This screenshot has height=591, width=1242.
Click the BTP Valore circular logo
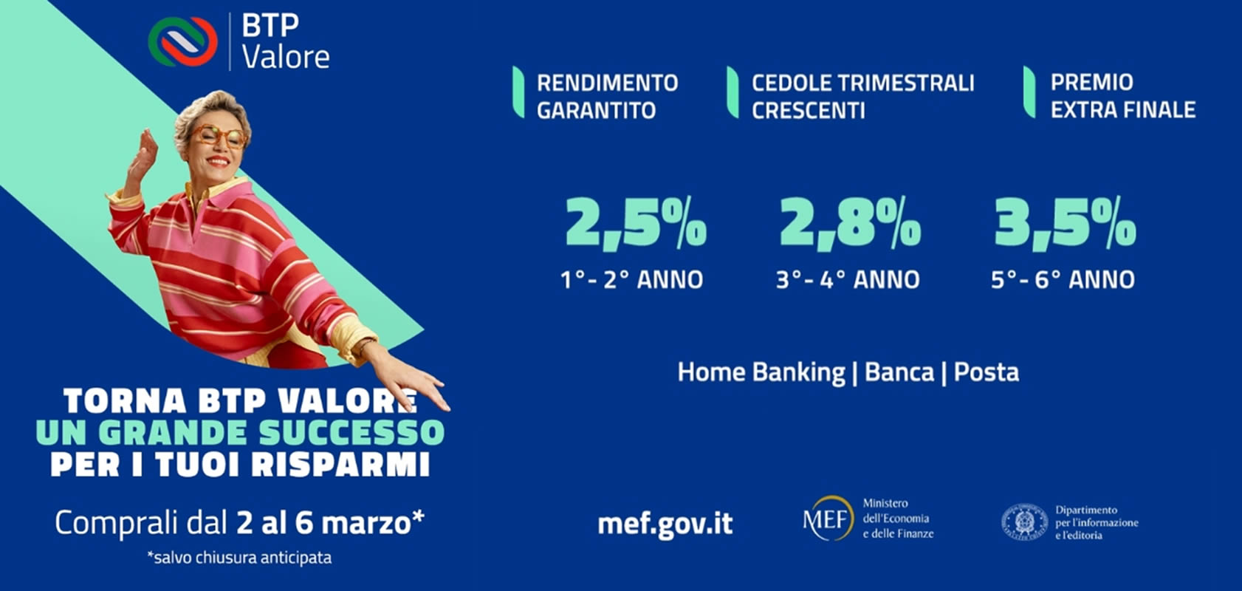[183, 41]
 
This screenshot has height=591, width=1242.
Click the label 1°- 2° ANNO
[632, 280]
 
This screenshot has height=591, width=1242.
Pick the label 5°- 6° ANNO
[1063, 280]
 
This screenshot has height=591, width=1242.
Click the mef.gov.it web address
[665, 523]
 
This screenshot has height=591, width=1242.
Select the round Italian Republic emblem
[1024, 522]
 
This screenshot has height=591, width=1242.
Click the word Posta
[987, 372]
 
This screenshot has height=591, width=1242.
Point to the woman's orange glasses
[219, 135]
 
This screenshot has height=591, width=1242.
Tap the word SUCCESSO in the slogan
[351, 433]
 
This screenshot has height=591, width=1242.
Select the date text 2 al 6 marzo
[331, 523]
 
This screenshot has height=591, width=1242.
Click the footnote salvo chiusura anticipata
[239, 557]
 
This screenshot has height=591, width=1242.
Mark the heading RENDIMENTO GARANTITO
[608, 97]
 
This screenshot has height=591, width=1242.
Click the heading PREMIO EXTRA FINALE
[1123, 96]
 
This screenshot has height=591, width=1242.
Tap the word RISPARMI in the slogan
[341, 464]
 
